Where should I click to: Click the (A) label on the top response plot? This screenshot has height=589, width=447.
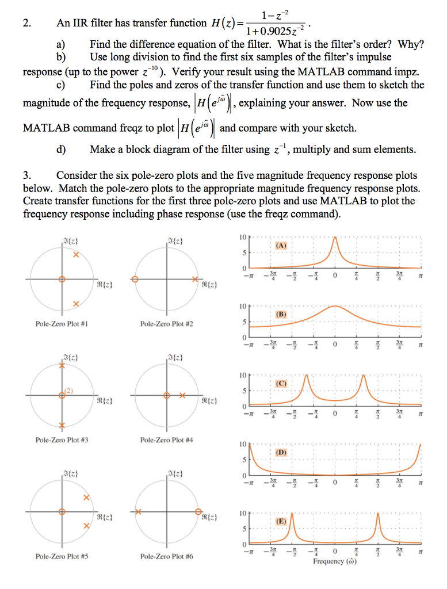tap(281, 245)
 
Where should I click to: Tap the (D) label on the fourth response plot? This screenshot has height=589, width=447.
tap(281, 453)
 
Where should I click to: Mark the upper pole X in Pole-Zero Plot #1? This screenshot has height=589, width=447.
tap(75, 255)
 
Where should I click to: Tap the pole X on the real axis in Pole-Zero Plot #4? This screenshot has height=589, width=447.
tap(181, 396)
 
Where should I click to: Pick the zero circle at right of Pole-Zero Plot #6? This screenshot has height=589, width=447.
tap(198, 511)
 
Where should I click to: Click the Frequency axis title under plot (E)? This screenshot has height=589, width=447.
tap(334, 561)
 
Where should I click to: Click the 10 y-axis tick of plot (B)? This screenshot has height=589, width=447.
tap(243, 307)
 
